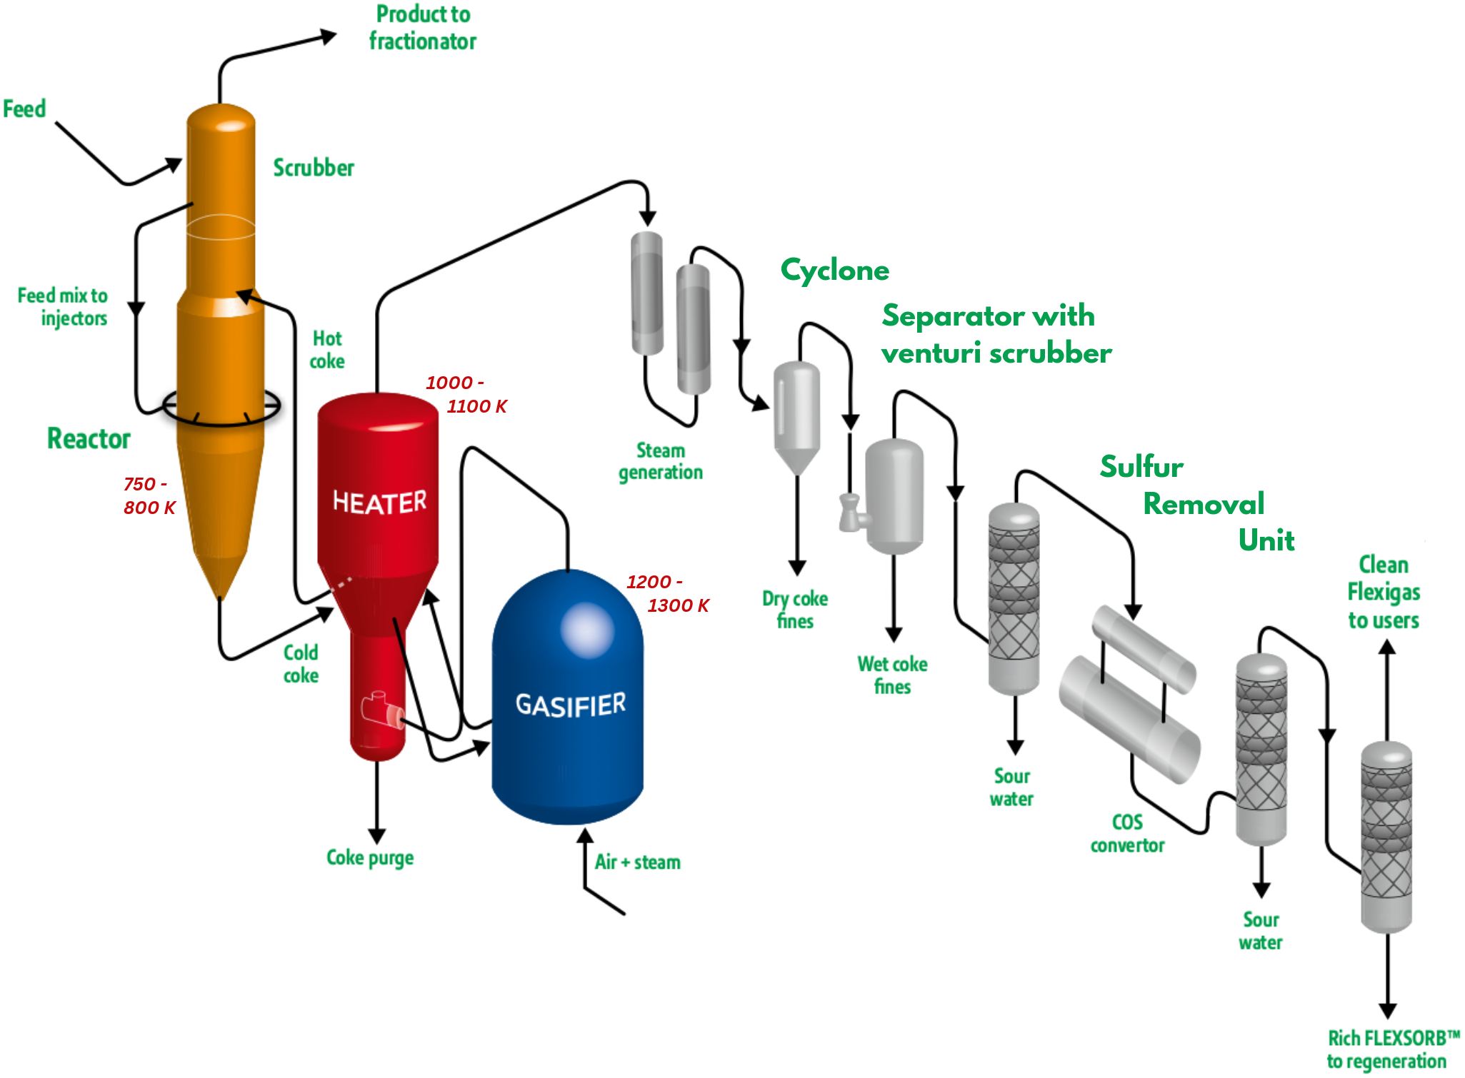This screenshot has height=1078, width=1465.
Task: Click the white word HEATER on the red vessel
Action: point(379,502)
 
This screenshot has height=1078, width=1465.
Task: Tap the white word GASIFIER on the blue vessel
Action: point(571,705)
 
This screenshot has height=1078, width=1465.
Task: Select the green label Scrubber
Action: point(314,168)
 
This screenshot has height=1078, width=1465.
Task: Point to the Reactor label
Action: point(89,438)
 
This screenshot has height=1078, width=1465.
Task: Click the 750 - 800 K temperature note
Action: point(149,495)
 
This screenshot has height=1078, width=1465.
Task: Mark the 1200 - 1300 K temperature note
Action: point(668,593)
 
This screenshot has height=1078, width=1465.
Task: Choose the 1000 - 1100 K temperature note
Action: point(466,394)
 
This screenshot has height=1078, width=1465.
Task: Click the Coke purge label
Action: point(370,857)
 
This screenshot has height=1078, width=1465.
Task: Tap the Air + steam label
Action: point(637,862)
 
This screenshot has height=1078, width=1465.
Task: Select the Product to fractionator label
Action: point(423,28)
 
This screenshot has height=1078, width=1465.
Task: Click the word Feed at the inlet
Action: point(24,109)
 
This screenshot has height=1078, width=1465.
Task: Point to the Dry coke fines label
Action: point(795,610)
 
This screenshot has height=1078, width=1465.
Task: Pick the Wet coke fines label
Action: point(893,675)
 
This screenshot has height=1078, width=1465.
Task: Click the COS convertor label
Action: point(1127,833)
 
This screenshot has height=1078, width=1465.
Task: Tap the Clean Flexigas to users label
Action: point(1384,593)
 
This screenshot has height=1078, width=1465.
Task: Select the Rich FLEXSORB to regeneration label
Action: point(1394,1049)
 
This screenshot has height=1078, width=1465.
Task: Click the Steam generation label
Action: point(661,461)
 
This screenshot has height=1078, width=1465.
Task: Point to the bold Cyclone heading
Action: point(835,270)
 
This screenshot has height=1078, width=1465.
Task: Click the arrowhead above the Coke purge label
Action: point(377,836)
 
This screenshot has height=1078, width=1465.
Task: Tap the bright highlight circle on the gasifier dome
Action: point(587,630)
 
